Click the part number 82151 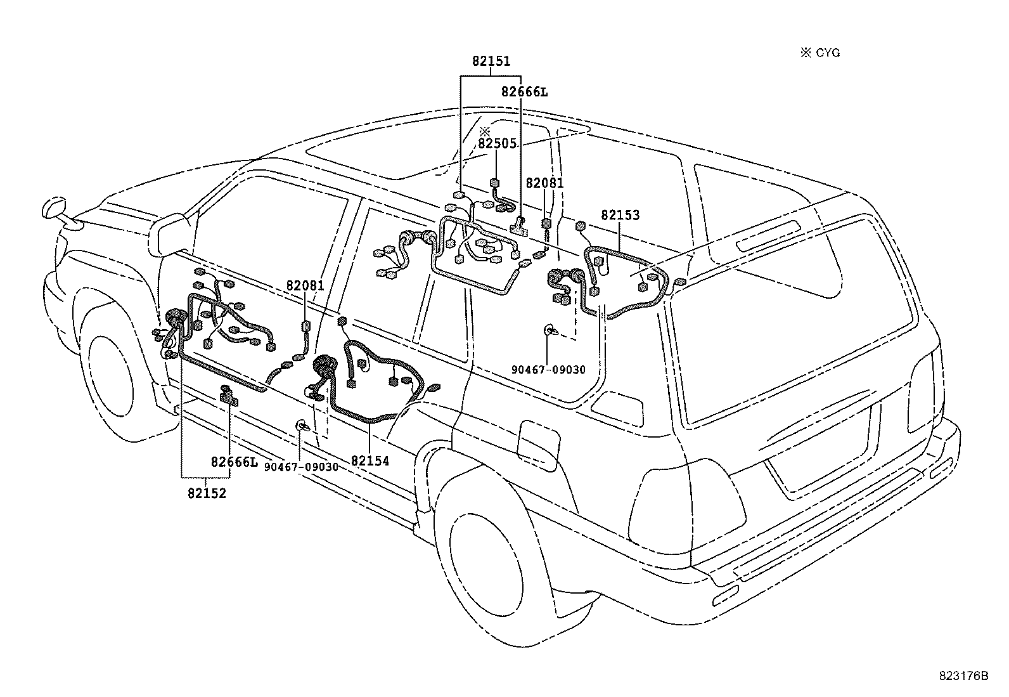pyautogui.click(x=491, y=62)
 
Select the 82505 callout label pyautogui.click(x=497, y=143)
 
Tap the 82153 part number pyautogui.click(x=620, y=215)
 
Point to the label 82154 pyautogui.click(x=370, y=461)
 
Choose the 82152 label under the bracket pyautogui.click(x=207, y=493)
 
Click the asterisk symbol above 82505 pyautogui.click(x=485, y=132)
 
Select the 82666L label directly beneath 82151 pyautogui.click(x=524, y=92)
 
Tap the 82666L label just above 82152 pyautogui.click(x=235, y=462)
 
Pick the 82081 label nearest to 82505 pyautogui.click(x=544, y=183)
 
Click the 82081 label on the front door pyautogui.click(x=305, y=285)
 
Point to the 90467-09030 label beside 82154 pyautogui.click(x=301, y=467)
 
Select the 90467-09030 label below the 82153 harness pyautogui.click(x=548, y=370)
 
